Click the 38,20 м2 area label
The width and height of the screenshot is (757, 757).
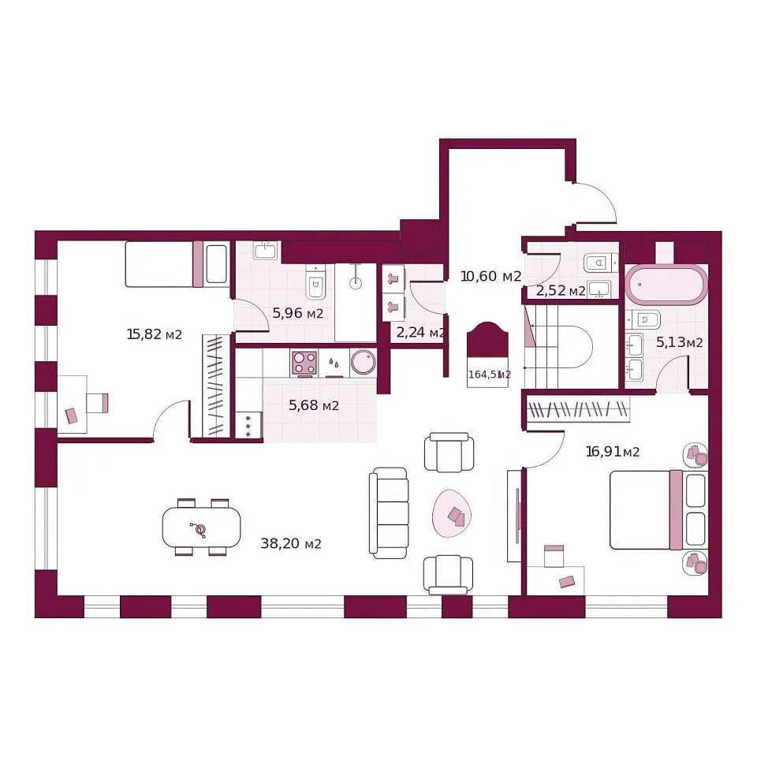291,543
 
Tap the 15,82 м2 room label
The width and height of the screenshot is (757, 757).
154,334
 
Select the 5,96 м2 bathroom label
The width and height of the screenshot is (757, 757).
298,313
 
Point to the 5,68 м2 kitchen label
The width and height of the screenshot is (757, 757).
314,405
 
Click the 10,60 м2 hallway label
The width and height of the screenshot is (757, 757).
491,276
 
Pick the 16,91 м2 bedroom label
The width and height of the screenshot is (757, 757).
613,451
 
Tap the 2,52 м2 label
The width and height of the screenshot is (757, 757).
561,291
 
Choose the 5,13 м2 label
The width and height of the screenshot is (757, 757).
679,342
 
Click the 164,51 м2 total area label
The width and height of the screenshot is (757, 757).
489,374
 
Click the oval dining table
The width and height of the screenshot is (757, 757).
201,528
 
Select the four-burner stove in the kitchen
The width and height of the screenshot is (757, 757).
304,363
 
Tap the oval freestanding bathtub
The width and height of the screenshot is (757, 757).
666,285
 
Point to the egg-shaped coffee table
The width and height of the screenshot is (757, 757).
452,513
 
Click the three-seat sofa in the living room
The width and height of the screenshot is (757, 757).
389,513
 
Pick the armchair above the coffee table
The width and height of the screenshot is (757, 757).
449,452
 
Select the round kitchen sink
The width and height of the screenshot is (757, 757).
363,362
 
